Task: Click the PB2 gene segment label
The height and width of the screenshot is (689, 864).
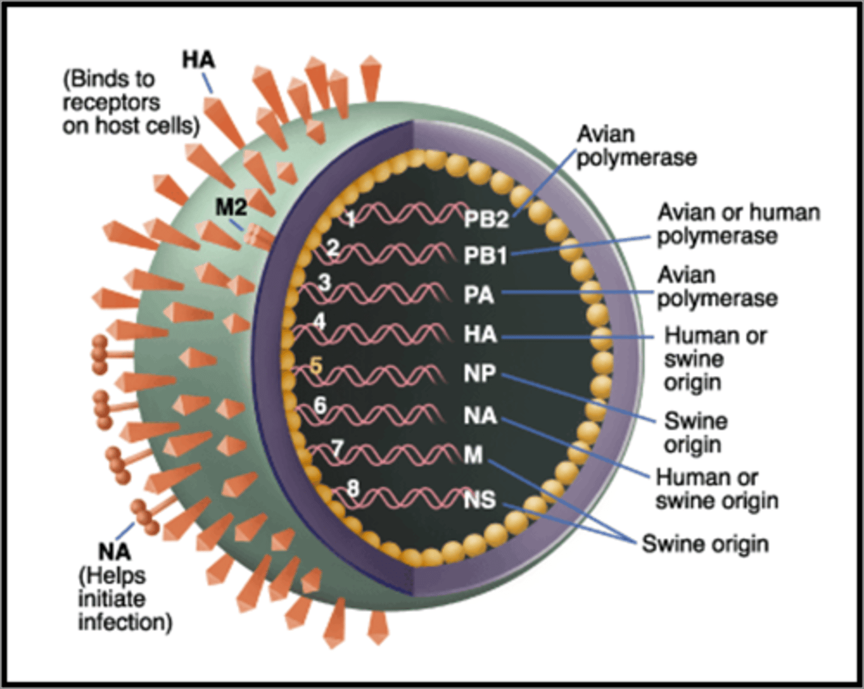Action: click(486, 219)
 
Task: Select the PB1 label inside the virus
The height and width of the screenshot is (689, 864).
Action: click(485, 256)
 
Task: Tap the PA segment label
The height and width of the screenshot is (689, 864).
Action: click(478, 295)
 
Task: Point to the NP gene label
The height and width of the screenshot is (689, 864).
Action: click(479, 374)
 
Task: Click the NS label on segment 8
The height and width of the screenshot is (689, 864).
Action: click(480, 500)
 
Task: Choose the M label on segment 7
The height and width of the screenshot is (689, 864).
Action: click(473, 455)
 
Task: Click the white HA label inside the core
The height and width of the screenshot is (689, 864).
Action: click(480, 334)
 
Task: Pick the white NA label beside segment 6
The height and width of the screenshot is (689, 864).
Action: click(480, 416)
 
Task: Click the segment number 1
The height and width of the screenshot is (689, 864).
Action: click(351, 219)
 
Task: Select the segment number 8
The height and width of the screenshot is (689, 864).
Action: click(353, 489)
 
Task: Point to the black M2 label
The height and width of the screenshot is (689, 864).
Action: click(231, 207)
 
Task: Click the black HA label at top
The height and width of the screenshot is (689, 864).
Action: click(199, 60)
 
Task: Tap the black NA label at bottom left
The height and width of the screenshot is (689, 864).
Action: click(114, 551)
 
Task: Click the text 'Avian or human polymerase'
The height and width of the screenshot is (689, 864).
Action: click(738, 224)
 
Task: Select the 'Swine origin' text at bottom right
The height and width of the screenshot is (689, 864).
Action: click(705, 544)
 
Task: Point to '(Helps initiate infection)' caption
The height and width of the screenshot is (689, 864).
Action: click(125, 598)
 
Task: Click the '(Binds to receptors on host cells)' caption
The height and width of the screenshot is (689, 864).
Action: click(131, 103)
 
